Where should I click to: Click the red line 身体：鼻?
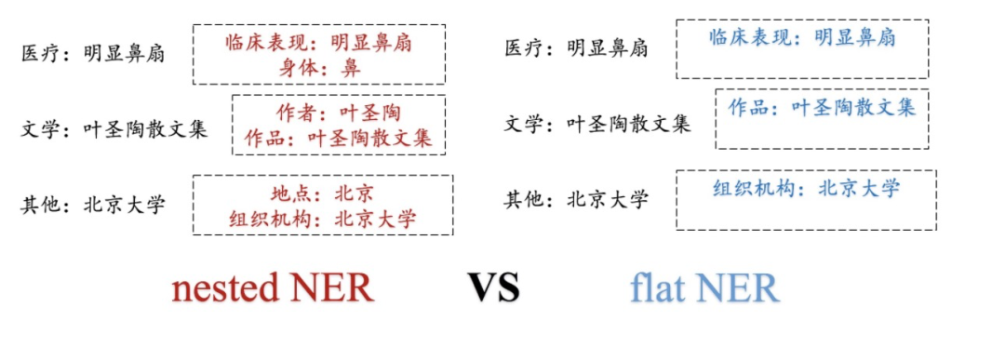(x=319, y=68)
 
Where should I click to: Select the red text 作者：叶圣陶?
(x=339, y=113)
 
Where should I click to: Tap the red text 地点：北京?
(x=322, y=194)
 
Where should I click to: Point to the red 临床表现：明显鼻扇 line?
(x=319, y=43)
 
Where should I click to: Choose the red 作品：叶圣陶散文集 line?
(x=338, y=139)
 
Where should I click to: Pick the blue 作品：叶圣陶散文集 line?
(x=822, y=107)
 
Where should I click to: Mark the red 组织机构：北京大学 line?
(x=323, y=220)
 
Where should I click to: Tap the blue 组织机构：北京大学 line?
(x=806, y=189)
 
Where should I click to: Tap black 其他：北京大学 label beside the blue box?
(x=577, y=199)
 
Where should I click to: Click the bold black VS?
(x=493, y=288)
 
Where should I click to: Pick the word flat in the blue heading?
(x=657, y=288)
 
